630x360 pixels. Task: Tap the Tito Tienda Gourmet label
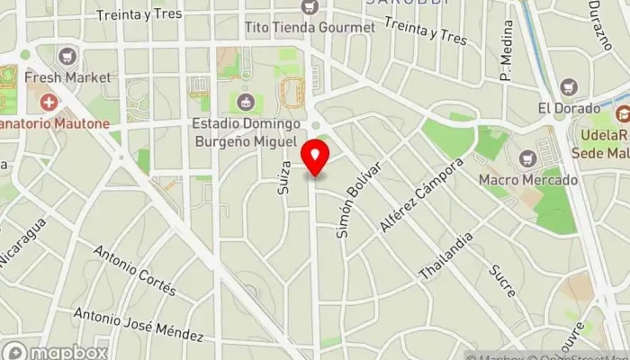[310, 27]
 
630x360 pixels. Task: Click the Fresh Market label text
[68, 77]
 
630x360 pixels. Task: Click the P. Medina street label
[506, 64]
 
